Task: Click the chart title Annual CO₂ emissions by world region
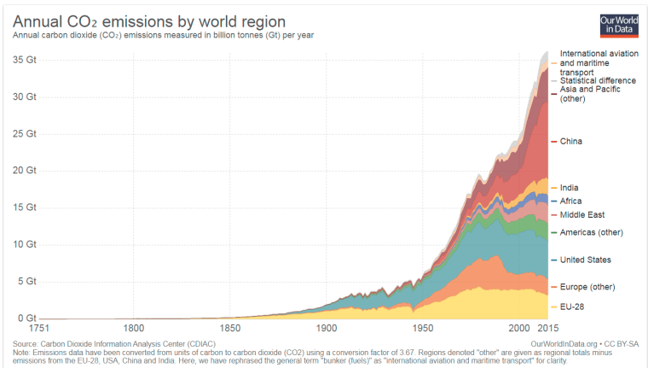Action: click(x=149, y=20)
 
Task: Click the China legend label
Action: click(x=571, y=141)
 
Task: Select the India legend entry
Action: click(x=570, y=187)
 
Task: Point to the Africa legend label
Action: click(x=571, y=201)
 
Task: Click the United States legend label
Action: click(x=585, y=260)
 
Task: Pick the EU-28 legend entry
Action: click(x=572, y=306)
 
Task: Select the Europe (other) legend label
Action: click(x=587, y=286)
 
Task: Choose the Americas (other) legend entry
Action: click(x=591, y=232)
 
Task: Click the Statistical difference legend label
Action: click(x=596, y=80)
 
